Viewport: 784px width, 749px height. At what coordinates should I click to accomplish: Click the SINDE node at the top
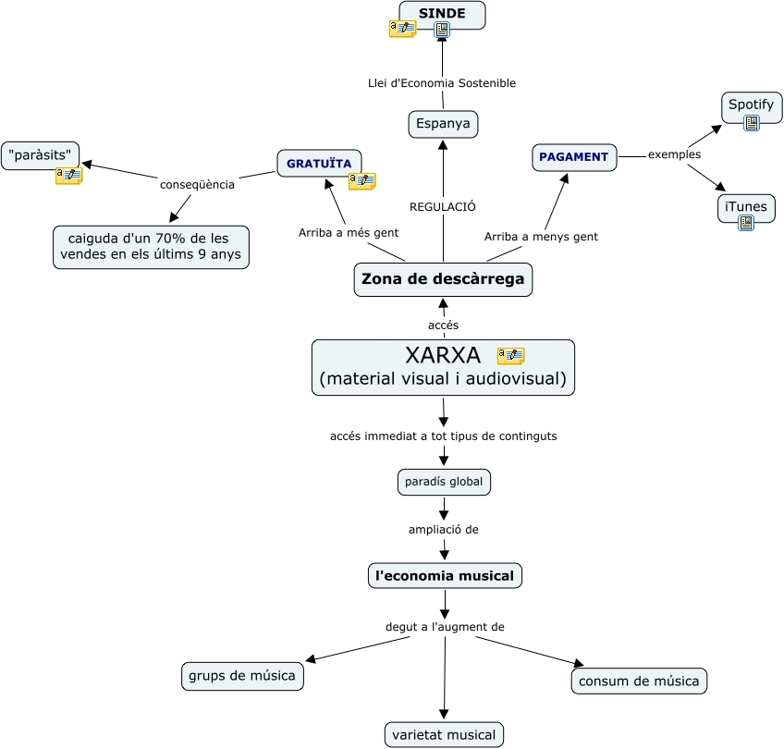[442, 13]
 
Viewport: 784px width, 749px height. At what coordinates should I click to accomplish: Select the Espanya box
[443, 124]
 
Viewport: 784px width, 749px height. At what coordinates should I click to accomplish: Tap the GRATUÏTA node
[319, 164]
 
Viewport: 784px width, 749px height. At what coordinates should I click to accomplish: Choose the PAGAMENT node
[574, 157]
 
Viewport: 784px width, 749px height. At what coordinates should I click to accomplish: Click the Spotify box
[751, 104]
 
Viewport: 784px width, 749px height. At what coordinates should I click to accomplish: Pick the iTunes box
[746, 206]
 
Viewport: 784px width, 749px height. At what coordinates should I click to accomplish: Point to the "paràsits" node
[40, 154]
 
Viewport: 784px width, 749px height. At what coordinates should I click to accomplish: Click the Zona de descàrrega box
[443, 279]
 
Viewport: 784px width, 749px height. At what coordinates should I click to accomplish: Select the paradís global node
[444, 482]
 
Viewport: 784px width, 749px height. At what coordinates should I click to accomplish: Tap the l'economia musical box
[445, 576]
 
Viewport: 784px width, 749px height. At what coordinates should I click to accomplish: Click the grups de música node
[242, 676]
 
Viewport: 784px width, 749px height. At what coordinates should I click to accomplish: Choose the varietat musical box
[444, 735]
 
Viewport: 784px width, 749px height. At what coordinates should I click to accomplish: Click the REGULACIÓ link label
[443, 207]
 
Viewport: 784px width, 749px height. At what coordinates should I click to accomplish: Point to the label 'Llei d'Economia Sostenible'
[442, 83]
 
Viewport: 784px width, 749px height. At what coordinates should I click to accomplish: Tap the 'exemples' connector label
[674, 154]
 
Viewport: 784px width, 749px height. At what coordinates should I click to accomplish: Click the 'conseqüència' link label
[197, 184]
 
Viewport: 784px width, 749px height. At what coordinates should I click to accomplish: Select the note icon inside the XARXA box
[510, 356]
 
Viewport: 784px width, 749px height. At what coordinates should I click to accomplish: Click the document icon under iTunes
[746, 222]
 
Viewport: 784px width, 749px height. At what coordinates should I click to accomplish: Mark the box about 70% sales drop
[151, 247]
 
